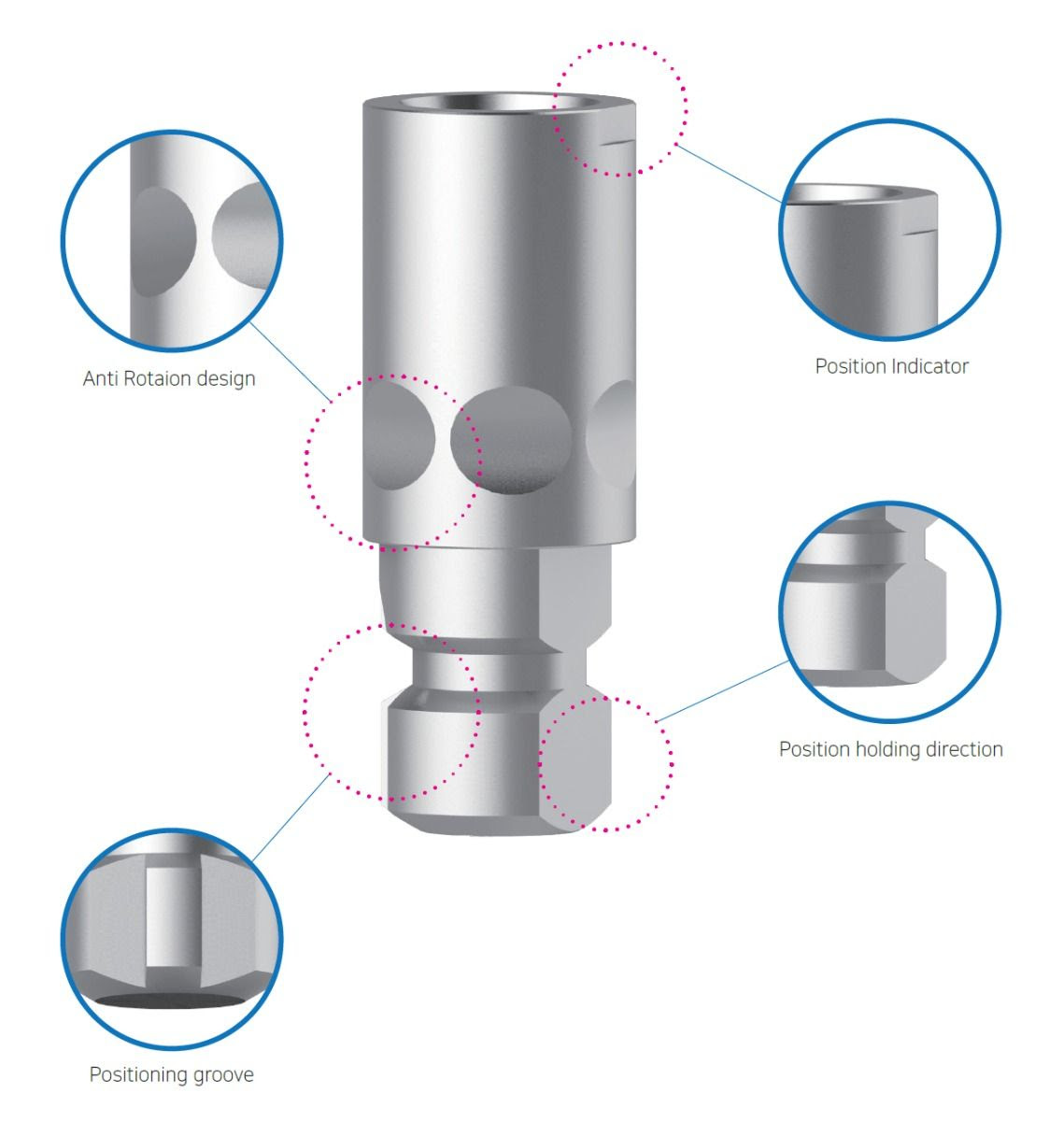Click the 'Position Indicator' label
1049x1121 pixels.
[891, 366]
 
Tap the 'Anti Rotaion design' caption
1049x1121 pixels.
[169, 378]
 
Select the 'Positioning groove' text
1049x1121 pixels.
[171, 1075]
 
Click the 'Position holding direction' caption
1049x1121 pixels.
[890, 749]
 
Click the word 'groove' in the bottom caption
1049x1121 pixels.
[221, 1075]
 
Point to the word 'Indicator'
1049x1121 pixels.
[929, 366]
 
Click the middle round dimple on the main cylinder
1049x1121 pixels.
[511, 439]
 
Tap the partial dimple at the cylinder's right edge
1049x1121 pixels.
[614, 433]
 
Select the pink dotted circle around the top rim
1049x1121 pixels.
[686, 107]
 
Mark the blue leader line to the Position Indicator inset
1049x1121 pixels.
[729, 174]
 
